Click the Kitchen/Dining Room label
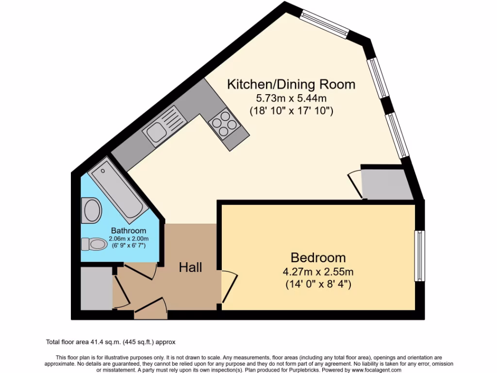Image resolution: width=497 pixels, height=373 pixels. [x=291, y=85]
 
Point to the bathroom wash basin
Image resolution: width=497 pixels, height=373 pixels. [x=92, y=210]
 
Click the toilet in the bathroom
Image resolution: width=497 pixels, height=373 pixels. [x=94, y=243]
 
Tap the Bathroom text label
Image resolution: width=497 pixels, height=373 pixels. [x=128, y=231]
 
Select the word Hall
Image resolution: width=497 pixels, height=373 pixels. [x=190, y=267]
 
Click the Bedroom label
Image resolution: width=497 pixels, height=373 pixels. [x=318, y=257]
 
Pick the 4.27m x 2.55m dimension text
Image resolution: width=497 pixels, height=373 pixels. [x=319, y=271]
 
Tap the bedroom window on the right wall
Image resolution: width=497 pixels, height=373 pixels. [x=419, y=255]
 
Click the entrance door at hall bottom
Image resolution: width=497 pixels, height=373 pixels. [x=150, y=309]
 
